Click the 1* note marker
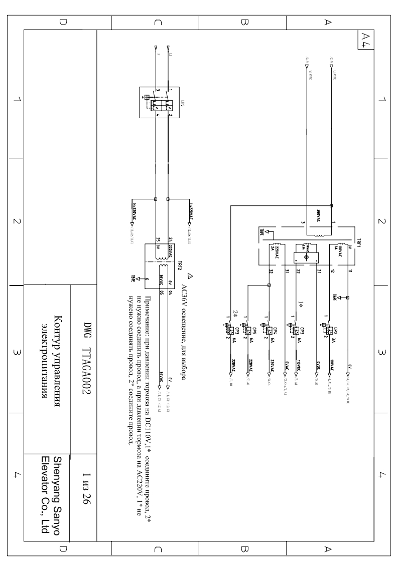pyautogui.click(x=300, y=305)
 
